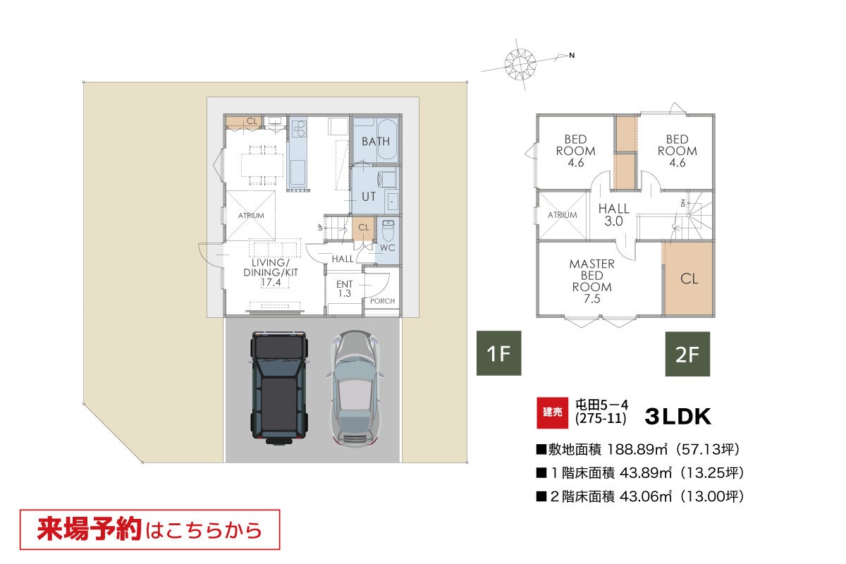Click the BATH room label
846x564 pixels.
click(x=375, y=141)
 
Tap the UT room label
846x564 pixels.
click(x=369, y=197)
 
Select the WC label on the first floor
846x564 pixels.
click(x=388, y=248)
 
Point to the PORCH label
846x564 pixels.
click(x=382, y=301)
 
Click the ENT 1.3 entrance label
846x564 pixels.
click(x=345, y=288)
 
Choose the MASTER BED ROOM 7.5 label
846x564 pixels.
click(x=591, y=281)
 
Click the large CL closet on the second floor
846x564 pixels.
click(x=689, y=278)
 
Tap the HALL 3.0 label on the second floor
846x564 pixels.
click(x=614, y=214)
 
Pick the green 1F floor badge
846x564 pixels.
click(x=499, y=353)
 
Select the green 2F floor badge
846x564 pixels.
click(x=687, y=354)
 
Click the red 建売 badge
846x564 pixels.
click(x=552, y=413)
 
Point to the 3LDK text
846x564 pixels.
click(x=678, y=416)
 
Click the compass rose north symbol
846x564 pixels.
click(x=520, y=64)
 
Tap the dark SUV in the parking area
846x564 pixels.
click(x=278, y=388)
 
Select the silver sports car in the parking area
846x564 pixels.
click(x=355, y=389)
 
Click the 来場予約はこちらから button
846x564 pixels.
click(x=150, y=529)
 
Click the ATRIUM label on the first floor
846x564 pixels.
click(x=251, y=215)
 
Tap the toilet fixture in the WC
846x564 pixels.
click(x=388, y=231)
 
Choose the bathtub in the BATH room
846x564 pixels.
click(x=387, y=140)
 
